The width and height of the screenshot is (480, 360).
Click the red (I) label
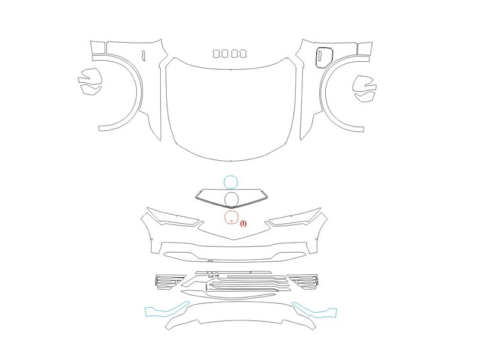click(243, 223)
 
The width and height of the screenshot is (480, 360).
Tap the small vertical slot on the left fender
click(143, 55)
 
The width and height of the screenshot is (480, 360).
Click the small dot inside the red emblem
click(232, 221)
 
